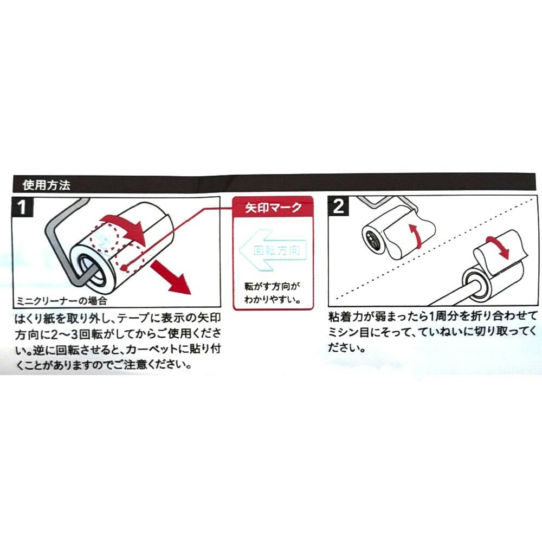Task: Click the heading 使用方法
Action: (47, 185)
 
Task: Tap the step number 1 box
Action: (22, 207)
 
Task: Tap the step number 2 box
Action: (338, 205)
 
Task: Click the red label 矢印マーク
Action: (273, 208)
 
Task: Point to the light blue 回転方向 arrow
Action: (273, 250)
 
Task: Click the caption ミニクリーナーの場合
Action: (62, 301)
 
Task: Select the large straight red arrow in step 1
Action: (170, 277)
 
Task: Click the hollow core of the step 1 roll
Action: (91, 268)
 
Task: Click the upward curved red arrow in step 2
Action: (415, 235)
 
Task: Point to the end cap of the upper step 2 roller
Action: (373, 239)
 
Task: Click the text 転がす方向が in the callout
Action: (273, 286)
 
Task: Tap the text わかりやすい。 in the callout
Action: (273, 299)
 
